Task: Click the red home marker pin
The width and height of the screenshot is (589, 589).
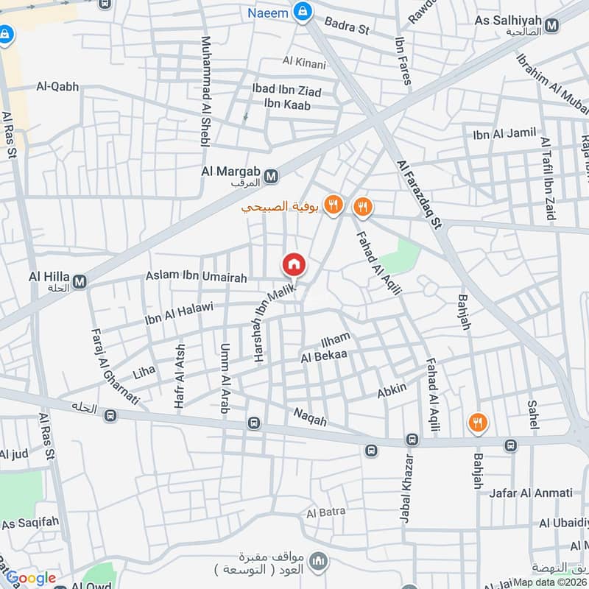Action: point(293,264)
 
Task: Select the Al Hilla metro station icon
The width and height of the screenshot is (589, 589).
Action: point(80,281)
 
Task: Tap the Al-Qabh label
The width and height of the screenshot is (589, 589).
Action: point(57,87)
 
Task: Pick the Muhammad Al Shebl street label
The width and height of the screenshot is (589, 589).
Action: point(205,91)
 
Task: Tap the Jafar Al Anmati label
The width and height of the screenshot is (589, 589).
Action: point(530,493)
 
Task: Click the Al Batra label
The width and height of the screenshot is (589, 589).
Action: point(322,512)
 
